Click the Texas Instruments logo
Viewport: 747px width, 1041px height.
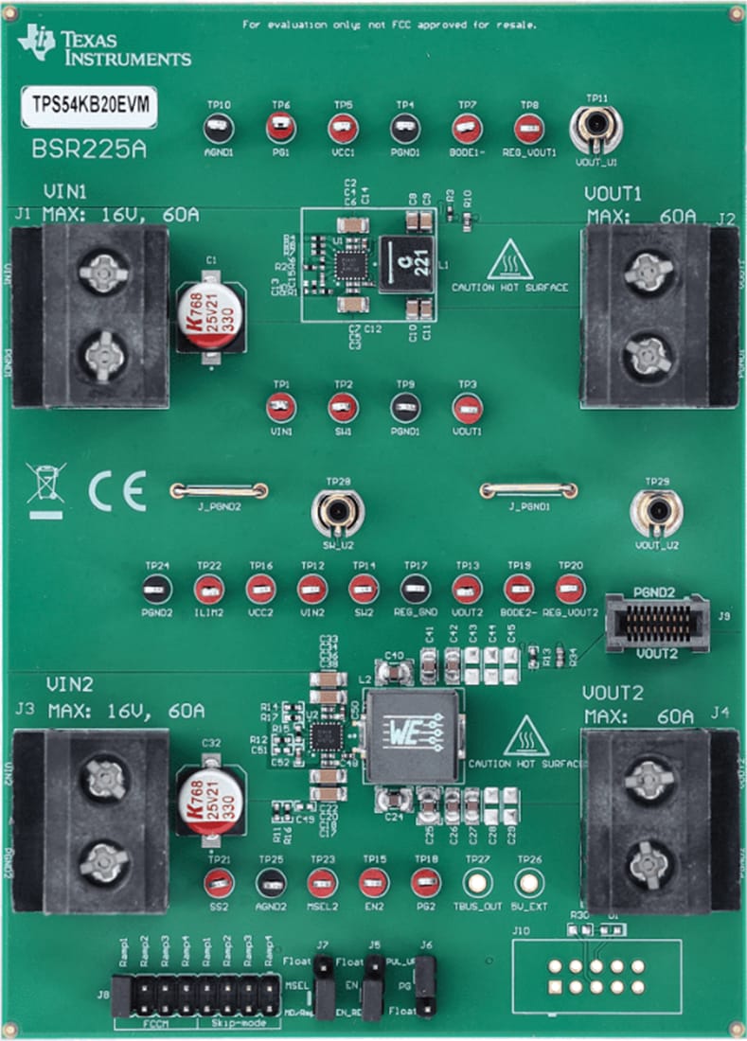tap(104, 45)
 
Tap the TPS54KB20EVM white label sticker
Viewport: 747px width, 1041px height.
tap(90, 107)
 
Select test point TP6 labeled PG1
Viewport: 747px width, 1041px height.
tap(280, 127)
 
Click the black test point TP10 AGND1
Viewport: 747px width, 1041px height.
tap(218, 127)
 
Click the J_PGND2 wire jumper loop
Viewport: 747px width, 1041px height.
tap(219, 490)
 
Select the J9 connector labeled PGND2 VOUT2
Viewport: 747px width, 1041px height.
tap(656, 622)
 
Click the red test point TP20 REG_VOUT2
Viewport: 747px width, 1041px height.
tap(569, 590)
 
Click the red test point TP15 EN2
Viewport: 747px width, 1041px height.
tap(373, 883)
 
